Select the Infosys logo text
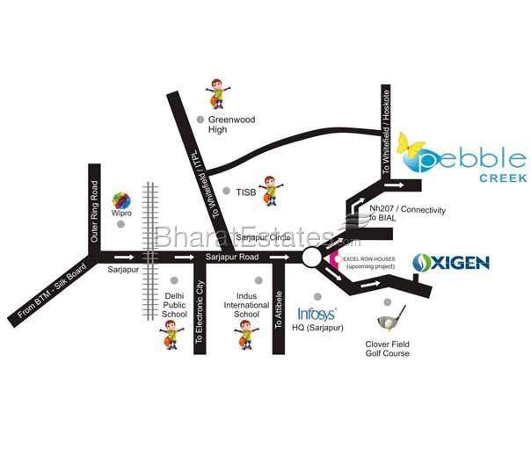(316, 313)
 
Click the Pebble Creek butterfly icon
(409, 148)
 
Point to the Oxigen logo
(450, 262)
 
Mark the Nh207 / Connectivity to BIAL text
(408, 215)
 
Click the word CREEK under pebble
(504, 178)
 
